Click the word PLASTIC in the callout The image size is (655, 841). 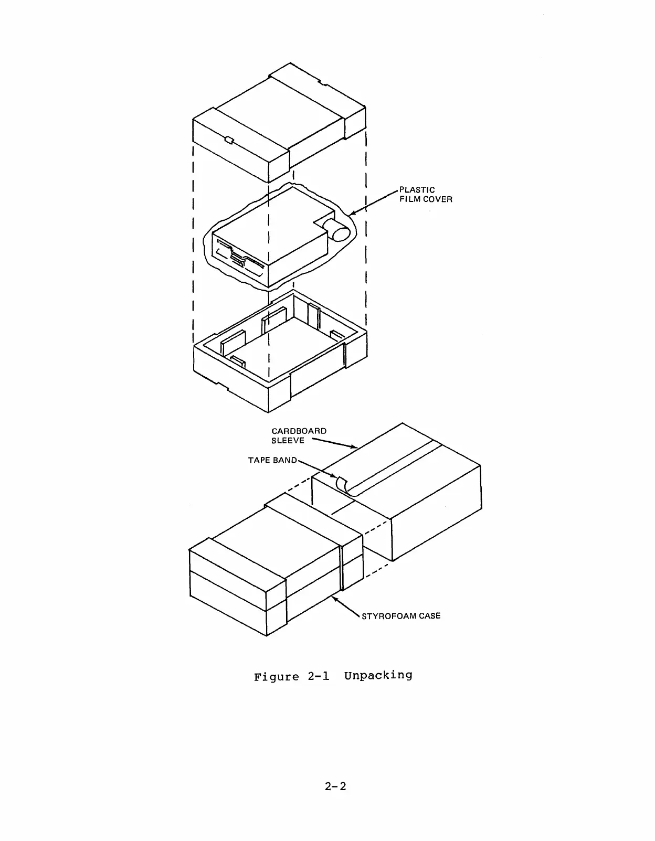[417, 190]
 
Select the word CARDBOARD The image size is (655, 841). [299, 431]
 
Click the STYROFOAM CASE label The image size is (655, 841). [401, 615]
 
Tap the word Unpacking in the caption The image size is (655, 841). [378, 675]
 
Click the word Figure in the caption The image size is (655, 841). [276, 677]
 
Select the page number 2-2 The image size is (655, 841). [336, 786]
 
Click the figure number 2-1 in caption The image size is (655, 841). [318, 676]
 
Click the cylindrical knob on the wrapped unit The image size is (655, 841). [336, 230]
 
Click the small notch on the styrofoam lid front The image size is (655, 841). [229, 140]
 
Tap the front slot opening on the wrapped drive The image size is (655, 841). [239, 258]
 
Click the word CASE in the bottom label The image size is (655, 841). [429, 615]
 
